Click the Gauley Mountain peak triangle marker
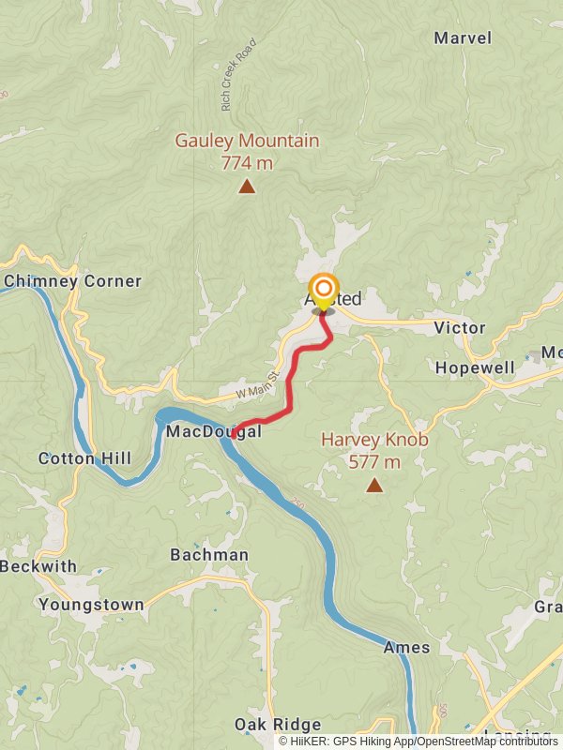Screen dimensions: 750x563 247,187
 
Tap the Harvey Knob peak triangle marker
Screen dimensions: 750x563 374,485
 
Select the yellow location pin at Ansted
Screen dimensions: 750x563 323,291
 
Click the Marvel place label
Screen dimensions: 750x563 463,38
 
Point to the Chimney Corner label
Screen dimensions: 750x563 72,281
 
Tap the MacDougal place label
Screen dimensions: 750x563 214,432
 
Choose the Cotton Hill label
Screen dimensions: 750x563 84,458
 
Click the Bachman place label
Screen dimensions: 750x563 209,555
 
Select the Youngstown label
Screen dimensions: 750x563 91,605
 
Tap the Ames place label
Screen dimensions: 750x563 406,647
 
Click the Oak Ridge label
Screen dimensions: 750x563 278,725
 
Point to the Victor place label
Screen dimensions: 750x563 460,328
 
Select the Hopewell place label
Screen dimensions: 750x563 475,367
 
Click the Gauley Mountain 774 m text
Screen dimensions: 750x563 247,151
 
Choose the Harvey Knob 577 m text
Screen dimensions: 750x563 373,450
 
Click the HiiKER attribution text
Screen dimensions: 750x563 418,742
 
